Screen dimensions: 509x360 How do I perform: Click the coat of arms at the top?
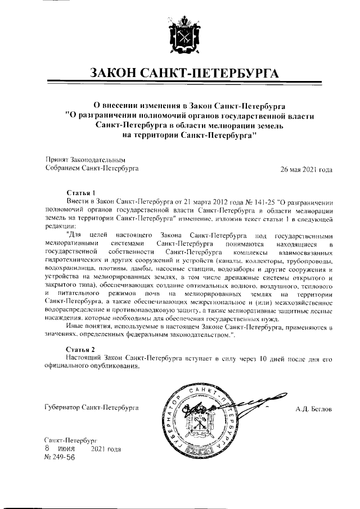pyautogui.click(x=179, y=36)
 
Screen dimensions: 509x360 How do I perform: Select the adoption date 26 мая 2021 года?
pyautogui.click(x=307, y=168)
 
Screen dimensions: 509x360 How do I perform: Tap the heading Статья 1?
pyautogui.click(x=82, y=192)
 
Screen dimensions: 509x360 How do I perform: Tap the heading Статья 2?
pyautogui.click(x=82, y=349)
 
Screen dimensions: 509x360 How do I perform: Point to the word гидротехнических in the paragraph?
pyautogui.click(x=74, y=261)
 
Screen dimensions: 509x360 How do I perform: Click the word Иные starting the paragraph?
pyautogui.click(x=75, y=327)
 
